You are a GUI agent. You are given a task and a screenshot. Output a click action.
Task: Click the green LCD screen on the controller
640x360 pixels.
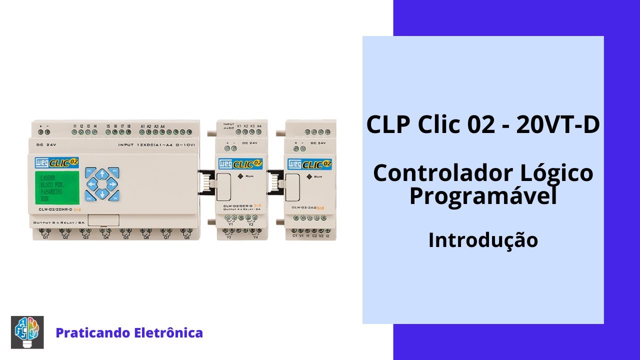tap(56, 186)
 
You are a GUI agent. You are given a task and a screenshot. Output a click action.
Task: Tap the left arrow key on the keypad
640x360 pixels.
tap(91, 184)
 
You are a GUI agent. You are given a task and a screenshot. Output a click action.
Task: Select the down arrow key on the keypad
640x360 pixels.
tap(102, 194)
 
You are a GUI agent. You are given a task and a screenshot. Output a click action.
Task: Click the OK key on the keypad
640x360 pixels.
tap(114, 197)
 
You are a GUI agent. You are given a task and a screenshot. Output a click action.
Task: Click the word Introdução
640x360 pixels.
tap(483, 240)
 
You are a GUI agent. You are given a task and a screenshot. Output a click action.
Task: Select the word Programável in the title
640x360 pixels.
tap(483, 196)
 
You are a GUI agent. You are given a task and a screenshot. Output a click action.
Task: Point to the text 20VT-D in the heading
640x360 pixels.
tap(558, 125)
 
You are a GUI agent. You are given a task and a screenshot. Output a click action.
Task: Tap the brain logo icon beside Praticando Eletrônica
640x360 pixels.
tap(27, 332)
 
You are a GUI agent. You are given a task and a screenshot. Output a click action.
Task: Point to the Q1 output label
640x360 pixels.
tap(45, 237)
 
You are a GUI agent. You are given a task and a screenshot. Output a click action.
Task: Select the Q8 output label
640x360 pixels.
tap(187, 237)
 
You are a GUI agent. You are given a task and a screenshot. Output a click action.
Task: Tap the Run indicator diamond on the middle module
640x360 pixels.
tap(240, 176)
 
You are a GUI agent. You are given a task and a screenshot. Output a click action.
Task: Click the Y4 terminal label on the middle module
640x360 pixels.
tap(255, 237)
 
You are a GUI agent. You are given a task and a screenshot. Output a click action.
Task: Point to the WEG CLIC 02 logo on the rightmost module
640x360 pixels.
tap(309, 163)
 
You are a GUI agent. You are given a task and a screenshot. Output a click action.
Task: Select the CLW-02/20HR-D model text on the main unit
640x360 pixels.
tap(55, 209)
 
